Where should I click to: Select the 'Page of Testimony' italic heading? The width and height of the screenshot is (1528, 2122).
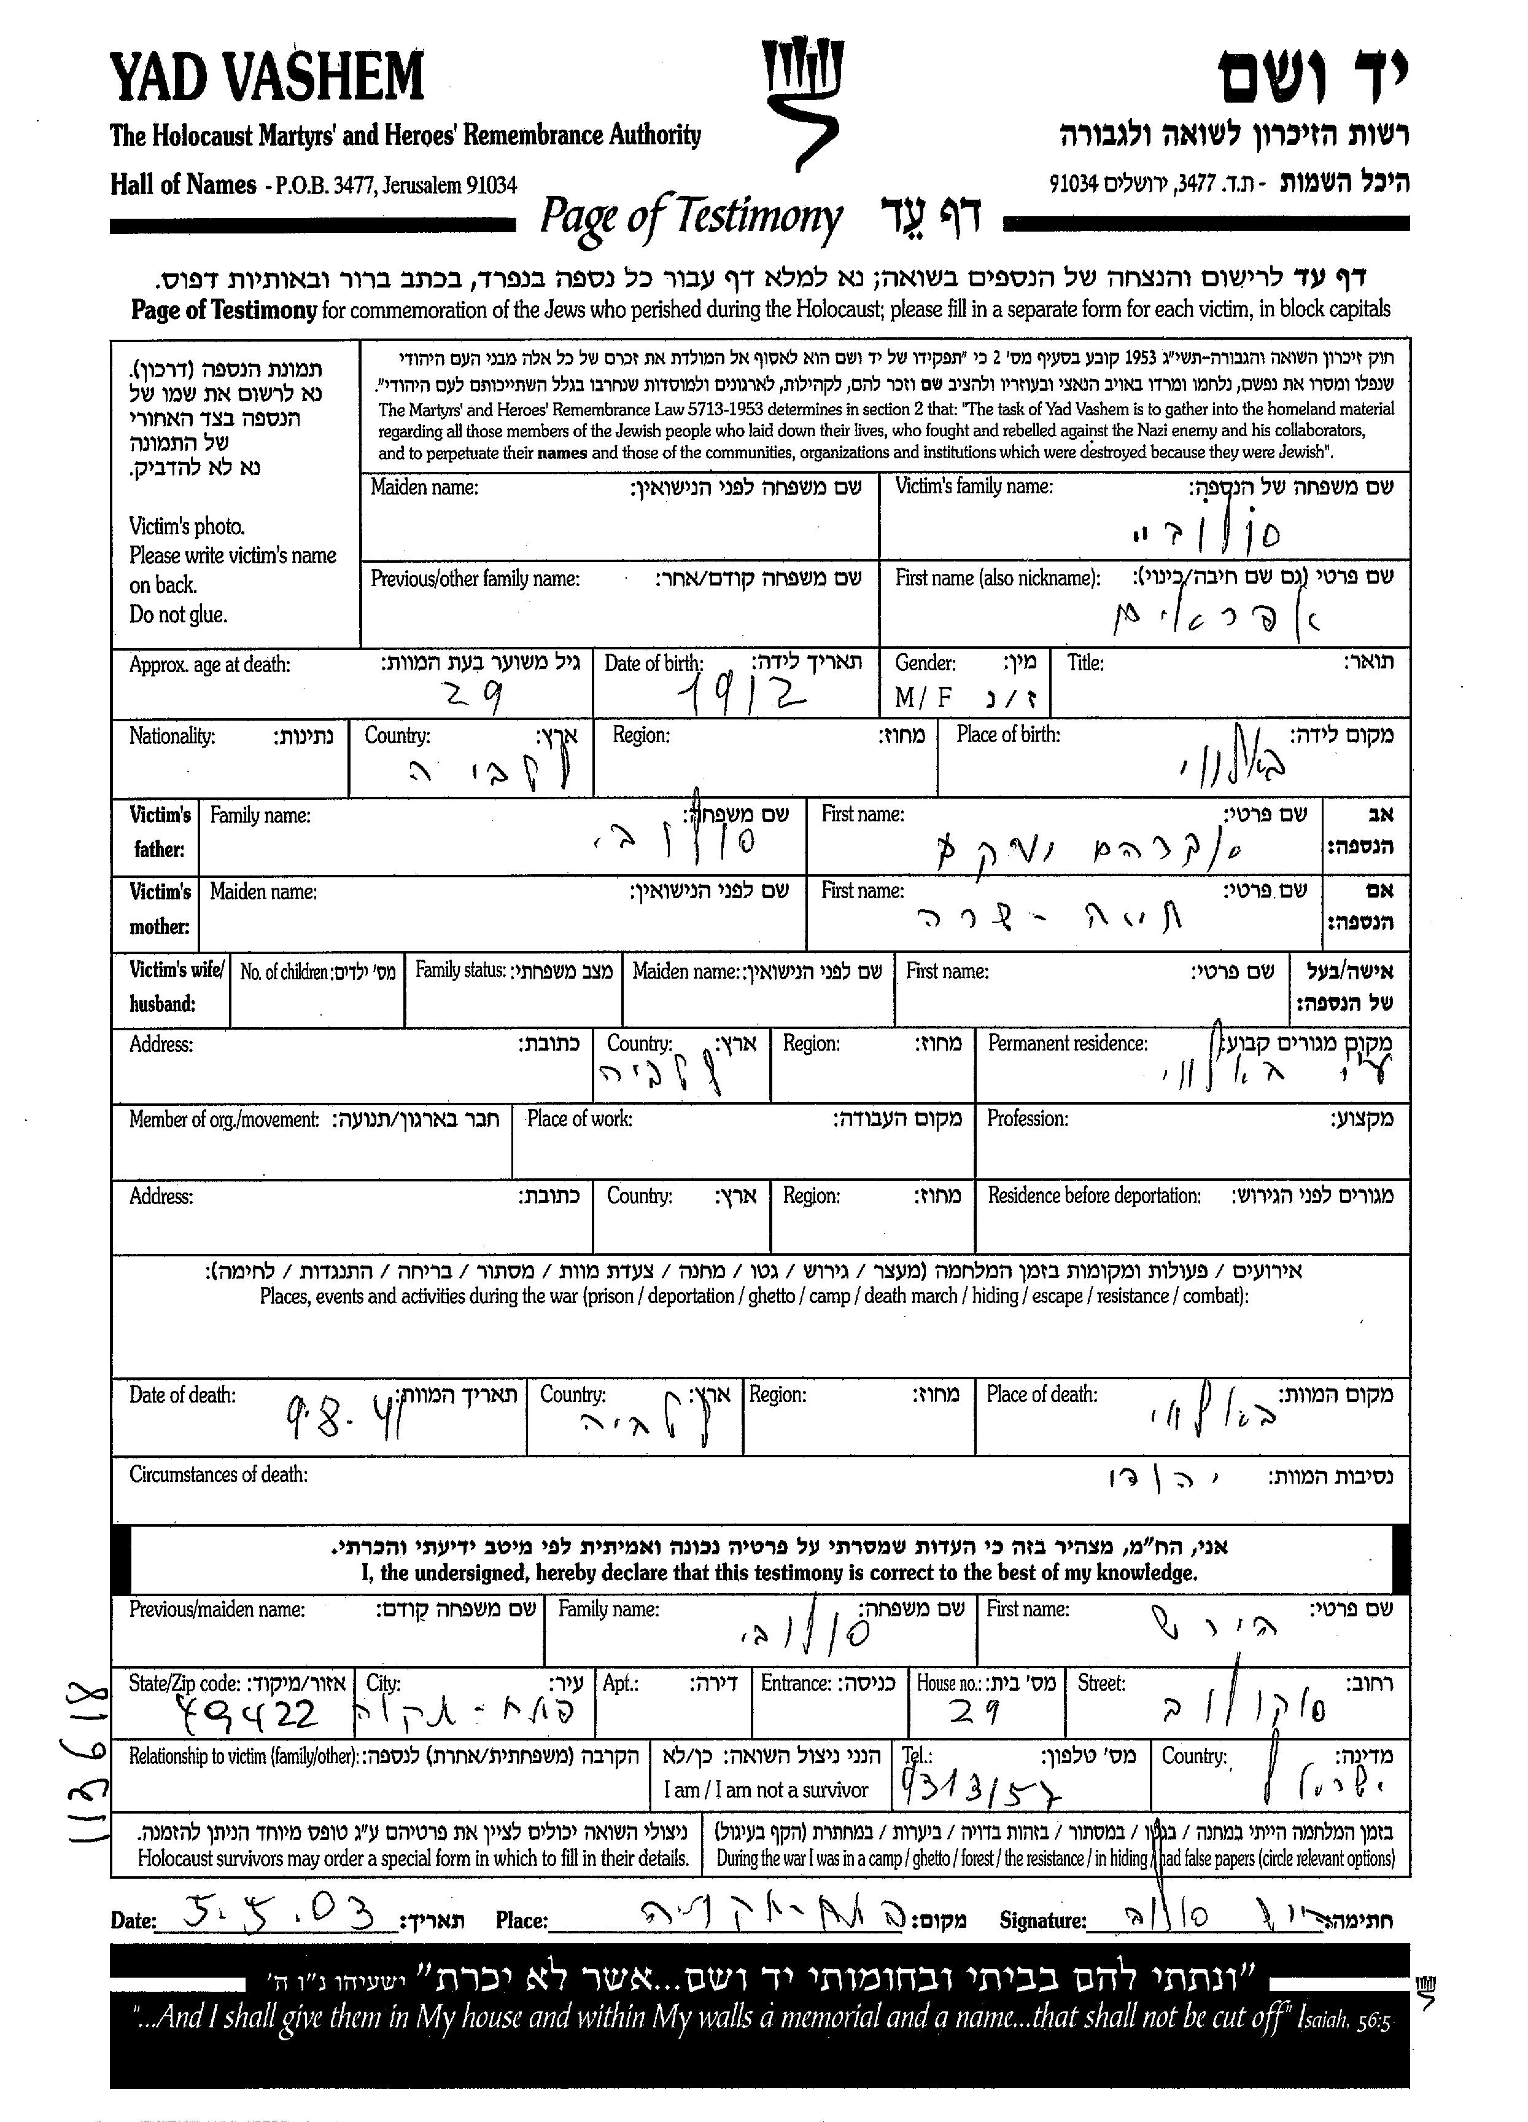[690, 217]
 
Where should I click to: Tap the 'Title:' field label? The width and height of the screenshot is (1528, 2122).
[1085, 664]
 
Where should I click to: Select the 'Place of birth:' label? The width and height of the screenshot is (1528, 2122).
[1008, 734]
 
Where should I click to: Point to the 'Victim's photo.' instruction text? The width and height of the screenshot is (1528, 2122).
[187, 526]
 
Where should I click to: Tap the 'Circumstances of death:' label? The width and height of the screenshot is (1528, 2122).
[218, 1474]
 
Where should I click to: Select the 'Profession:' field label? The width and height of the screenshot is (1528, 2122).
[1028, 1119]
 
